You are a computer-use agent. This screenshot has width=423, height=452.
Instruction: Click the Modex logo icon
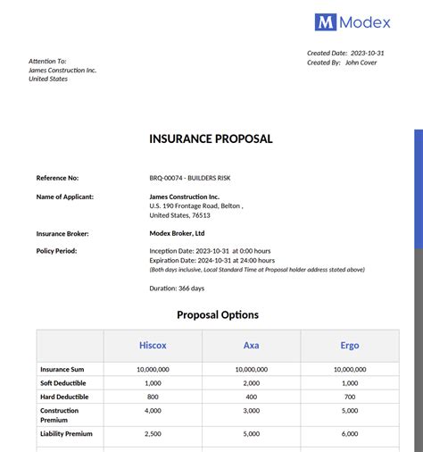click(325, 22)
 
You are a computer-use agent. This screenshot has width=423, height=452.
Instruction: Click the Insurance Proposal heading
click(211, 138)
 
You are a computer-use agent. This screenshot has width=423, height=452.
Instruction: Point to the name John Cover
click(361, 63)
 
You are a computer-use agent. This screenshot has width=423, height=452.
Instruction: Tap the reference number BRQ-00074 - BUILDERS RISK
click(190, 179)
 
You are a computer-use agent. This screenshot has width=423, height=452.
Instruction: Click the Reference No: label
click(57, 179)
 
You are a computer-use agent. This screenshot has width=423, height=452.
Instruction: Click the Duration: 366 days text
click(177, 288)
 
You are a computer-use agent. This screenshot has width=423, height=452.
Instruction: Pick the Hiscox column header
click(153, 345)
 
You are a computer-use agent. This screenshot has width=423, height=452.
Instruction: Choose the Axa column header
click(252, 345)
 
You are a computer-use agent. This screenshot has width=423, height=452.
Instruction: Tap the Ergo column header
click(350, 345)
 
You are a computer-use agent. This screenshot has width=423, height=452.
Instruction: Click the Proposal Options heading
click(218, 314)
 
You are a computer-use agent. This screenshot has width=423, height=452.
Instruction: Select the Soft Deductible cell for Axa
click(252, 382)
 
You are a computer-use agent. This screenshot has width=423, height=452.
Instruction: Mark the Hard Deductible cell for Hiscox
click(153, 397)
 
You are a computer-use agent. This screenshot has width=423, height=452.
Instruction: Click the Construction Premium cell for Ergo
click(350, 411)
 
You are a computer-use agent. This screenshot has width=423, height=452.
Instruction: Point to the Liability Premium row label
click(66, 433)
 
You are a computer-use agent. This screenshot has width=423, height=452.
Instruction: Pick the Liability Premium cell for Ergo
click(350, 433)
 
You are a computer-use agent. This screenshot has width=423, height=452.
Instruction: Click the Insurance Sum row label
click(62, 369)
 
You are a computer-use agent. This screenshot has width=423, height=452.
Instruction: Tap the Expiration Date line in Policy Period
click(210, 260)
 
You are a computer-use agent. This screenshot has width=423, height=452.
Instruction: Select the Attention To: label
click(47, 61)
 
